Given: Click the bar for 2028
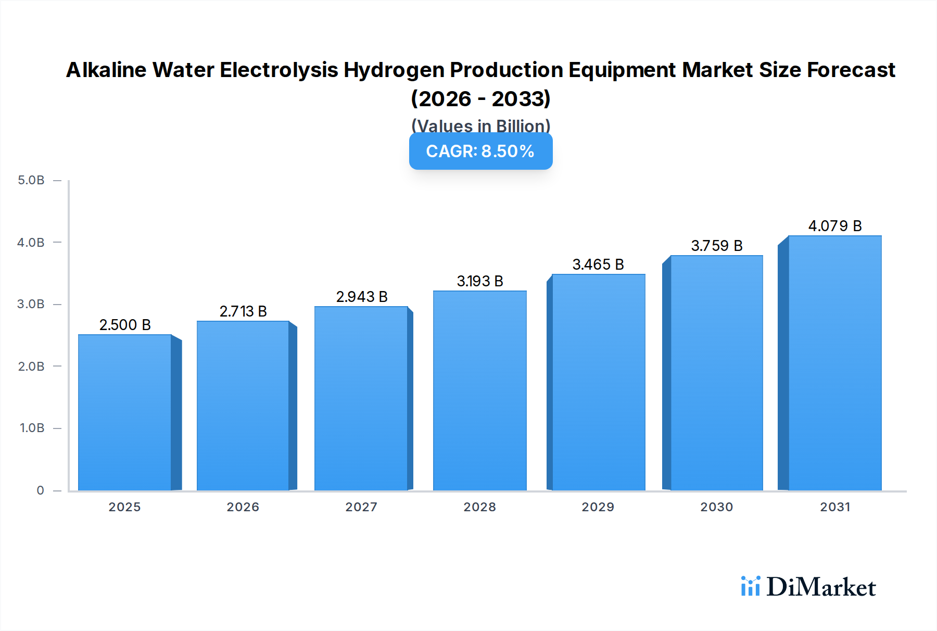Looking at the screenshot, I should (x=479, y=390).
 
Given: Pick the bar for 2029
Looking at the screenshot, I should (x=598, y=382).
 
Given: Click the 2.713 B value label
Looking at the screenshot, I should (x=243, y=311).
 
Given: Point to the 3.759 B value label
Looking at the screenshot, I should (x=716, y=246).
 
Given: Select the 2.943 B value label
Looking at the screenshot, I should (x=362, y=297).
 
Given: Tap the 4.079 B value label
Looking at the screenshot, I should (x=834, y=226).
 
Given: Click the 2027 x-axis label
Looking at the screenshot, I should (x=361, y=507).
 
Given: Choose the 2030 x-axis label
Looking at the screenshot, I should (x=716, y=507).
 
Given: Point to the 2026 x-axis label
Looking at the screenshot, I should (x=243, y=507).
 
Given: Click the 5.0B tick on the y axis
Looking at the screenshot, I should (x=31, y=180).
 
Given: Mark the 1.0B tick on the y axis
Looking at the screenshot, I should (x=32, y=428).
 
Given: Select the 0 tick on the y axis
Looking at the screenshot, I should (x=40, y=490).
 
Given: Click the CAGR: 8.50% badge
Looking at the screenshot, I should (x=480, y=151).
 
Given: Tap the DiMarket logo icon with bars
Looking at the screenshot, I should (x=750, y=586).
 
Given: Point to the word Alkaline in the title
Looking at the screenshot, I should (x=106, y=70).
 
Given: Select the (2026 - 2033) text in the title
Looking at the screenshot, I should (x=480, y=98).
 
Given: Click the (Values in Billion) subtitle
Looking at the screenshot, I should (x=480, y=125).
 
